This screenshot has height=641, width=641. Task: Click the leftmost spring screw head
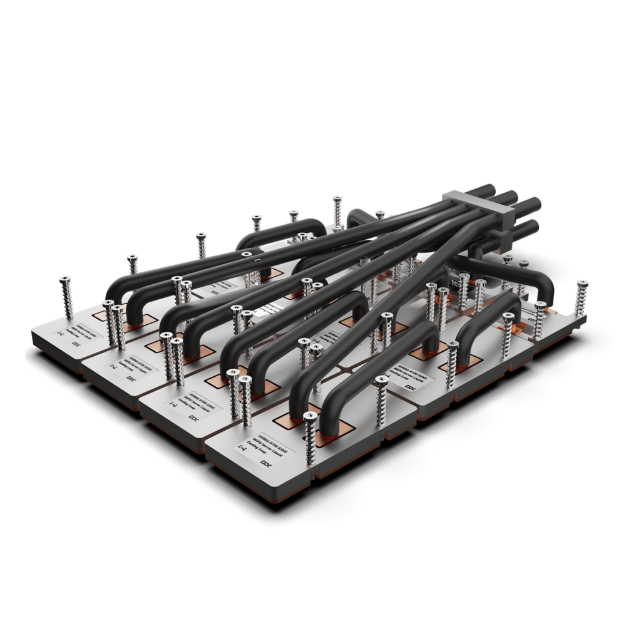pos(64,280)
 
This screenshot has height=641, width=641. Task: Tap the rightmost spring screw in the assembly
pos(582,284)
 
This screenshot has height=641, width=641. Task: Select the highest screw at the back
pos(337,200)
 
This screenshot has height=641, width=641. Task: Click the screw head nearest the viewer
pos(308,416)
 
